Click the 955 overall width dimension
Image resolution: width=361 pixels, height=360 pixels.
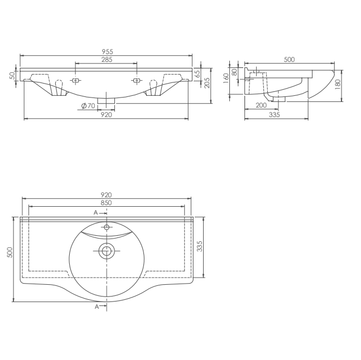click(106, 51)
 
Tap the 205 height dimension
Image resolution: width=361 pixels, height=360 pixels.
click(206, 83)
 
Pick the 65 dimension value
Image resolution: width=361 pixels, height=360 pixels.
click(198, 74)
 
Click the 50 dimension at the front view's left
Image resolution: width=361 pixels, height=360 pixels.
click(12, 75)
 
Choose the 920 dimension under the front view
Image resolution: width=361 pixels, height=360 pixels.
click(106, 115)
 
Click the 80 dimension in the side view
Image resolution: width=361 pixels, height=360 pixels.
click(234, 71)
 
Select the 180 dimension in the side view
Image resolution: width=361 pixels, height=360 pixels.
click(338, 85)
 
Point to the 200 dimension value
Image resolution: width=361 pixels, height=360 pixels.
click(261, 105)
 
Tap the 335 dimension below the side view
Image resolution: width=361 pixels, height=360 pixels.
click(274, 115)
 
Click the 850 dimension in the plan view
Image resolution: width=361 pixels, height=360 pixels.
click(106, 203)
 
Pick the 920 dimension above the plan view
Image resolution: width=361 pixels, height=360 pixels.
click(106, 194)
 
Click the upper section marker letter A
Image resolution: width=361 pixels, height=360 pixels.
click(95, 213)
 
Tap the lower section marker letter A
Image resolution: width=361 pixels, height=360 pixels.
click(96, 307)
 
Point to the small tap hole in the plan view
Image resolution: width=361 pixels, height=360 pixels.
click(107, 227)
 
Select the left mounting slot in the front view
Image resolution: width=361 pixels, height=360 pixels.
click(75, 81)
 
